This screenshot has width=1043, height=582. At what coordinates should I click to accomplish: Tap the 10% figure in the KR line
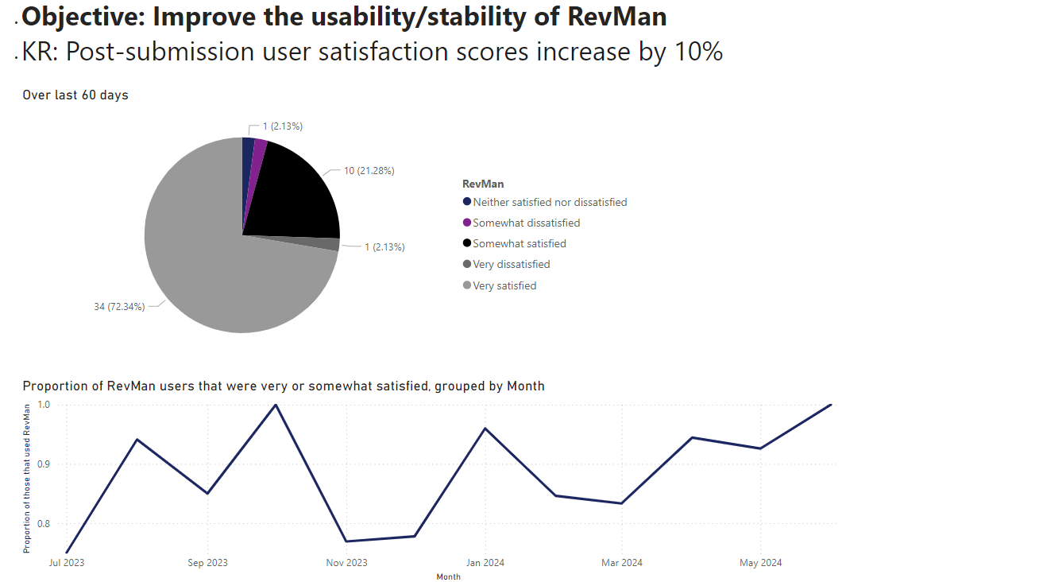[696, 52]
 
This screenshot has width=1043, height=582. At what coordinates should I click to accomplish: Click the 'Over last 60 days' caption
[75, 95]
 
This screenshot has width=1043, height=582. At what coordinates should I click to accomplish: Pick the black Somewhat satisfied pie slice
[298, 199]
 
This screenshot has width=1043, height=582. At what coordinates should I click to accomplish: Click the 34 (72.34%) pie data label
[119, 307]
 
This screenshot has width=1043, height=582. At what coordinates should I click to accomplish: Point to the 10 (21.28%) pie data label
[369, 171]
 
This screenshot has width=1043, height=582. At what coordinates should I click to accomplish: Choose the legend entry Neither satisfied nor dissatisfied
[550, 202]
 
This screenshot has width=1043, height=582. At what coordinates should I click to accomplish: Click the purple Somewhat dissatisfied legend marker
[467, 223]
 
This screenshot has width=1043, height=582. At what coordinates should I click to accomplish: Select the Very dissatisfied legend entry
[511, 264]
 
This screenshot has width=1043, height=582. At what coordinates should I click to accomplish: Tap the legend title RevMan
[483, 184]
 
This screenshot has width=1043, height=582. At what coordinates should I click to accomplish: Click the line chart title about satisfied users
[284, 386]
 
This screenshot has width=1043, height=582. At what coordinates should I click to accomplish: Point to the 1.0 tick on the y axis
[43, 405]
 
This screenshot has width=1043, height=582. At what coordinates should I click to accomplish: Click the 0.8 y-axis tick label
[43, 524]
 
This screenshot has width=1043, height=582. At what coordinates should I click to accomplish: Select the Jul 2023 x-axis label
[67, 563]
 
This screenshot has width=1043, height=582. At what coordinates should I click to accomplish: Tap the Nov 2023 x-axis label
[346, 563]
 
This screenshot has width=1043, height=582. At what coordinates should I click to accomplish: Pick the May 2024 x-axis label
[761, 563]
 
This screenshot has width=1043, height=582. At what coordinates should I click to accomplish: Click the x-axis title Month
[448, 576]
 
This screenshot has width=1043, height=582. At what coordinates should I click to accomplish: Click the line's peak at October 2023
[276, 405]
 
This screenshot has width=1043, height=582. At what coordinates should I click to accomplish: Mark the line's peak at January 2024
[485, 429]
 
